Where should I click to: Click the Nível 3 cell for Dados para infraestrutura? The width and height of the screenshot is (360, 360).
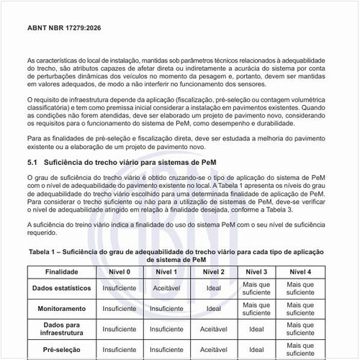(x=256, y=330)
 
